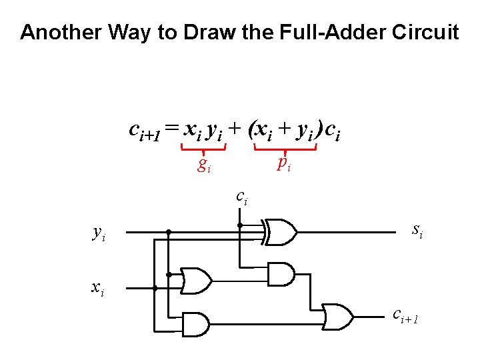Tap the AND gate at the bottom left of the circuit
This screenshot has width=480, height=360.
196,325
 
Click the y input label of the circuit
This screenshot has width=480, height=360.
98,233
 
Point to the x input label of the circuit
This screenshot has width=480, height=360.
97,288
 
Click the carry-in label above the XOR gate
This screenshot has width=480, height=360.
241,197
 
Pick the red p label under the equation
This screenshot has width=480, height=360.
284,162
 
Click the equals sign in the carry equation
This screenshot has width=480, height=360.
172,129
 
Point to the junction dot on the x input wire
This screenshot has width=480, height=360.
155,289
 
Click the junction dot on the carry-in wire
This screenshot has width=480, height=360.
241,225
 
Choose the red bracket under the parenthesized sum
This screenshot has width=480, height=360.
285,151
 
